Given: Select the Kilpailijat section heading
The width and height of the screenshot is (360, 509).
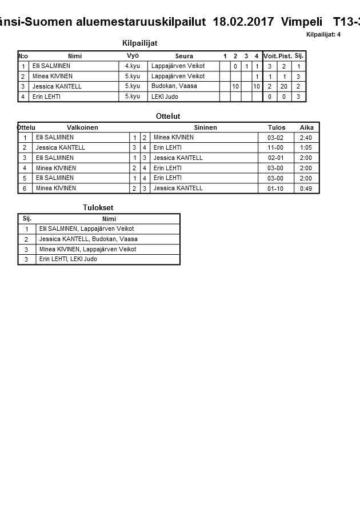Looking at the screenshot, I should click(x=139, y=43).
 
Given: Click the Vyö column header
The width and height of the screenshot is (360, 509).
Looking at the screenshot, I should click(x=133, y=56).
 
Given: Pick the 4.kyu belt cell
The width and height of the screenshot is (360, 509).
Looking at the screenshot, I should click(x=133, y=66).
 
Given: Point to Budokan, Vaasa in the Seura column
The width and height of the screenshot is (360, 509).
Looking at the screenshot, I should click(x=174, y=86).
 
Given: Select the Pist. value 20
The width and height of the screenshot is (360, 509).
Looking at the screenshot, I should click(x=284, y=87).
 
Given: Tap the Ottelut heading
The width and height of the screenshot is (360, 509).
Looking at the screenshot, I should click(x=168, y=117).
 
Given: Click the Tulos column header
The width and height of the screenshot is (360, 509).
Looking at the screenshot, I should click(x=277, y=127).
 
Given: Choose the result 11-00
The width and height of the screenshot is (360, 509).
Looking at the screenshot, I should click(x=275, y=148).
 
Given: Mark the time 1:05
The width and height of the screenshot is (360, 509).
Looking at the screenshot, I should click(x=306, y=148).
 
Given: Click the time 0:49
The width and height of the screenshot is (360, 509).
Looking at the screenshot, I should click(x=306, y=189).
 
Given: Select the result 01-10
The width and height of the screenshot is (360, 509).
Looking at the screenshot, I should click(x=275, y=189).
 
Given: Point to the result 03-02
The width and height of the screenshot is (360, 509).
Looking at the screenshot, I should click(x=275, y=138).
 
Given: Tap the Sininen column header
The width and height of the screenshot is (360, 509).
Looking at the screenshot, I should click(x=205, y=127).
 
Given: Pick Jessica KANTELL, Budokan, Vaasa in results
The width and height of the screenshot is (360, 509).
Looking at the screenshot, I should click(x=89, y=239).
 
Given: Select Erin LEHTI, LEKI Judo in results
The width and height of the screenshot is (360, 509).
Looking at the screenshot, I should click(x=68, y=259).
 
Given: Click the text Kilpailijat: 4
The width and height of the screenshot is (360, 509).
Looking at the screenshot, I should click(x=323, y=34).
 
